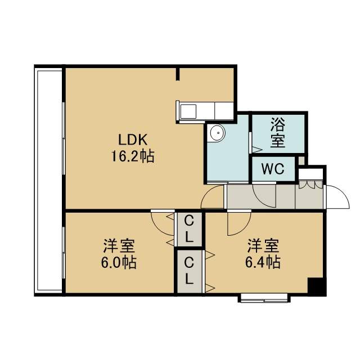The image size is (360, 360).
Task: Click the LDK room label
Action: [133, 140]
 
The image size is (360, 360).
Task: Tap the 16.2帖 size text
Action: [133, 156]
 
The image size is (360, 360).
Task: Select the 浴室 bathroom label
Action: [278, 133]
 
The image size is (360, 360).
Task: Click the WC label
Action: [273, 169]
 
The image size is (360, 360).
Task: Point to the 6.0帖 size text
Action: [119, 263]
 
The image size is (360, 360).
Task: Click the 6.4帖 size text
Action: [263, 263]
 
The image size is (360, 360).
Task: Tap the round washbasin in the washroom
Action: [218, 133]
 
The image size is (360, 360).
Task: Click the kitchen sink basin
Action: [188, 111]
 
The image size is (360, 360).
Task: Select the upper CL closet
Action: [188, 229]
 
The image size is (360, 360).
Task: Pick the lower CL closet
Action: [189, 271]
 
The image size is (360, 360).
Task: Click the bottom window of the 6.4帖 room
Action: [264, 298]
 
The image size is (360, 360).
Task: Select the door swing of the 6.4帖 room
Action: [244, 228]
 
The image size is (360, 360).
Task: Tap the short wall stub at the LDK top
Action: [178, 74]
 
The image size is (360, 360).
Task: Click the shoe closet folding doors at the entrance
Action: [310, 184]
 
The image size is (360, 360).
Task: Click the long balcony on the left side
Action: [48, 181]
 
